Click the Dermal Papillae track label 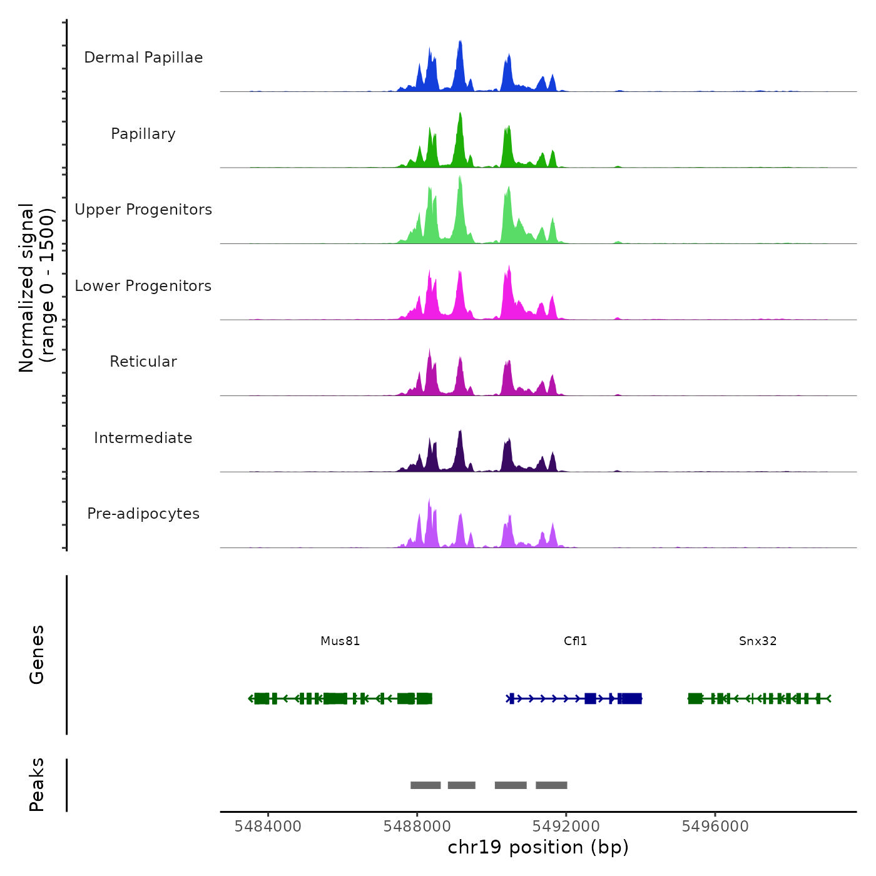(x=143, y=58)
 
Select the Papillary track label (x=143, y=134)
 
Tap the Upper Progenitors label (x=143, y=210)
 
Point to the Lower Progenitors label (x=143, y=286)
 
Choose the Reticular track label (x=143, y=362)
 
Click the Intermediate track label (x=143, y=438)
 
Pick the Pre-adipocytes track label (x=143, y=514)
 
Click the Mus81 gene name (x=340, y=641)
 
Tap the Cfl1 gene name (x=575, y=641)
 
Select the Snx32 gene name (x=758, y=641)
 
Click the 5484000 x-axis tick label (x=268, y=826)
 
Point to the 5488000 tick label (x=417, y=826)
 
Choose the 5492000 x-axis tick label (x=566, y=826)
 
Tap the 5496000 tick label (x=715, y=826)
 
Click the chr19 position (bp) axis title (x=538, y=847)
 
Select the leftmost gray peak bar (x=425, y=785)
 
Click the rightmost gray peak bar (x=551, y=785)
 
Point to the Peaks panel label (x=37, y=785)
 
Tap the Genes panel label (x=37, y=654)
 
